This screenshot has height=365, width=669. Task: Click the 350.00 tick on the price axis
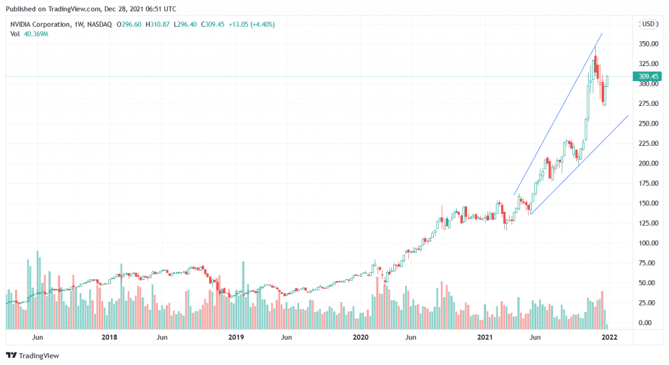(647, 44)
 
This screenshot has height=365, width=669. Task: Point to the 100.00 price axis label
(647, 243)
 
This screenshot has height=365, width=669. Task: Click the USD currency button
(648, 24)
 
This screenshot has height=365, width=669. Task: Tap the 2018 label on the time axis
(110, 338)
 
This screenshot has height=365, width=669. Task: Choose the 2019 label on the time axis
(236, 338)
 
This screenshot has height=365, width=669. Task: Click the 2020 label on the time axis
(361, 338)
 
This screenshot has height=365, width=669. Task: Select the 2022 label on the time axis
(609, 338)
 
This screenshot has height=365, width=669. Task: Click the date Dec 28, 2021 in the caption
(125, 9)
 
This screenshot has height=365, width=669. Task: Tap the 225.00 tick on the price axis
(647, 144)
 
